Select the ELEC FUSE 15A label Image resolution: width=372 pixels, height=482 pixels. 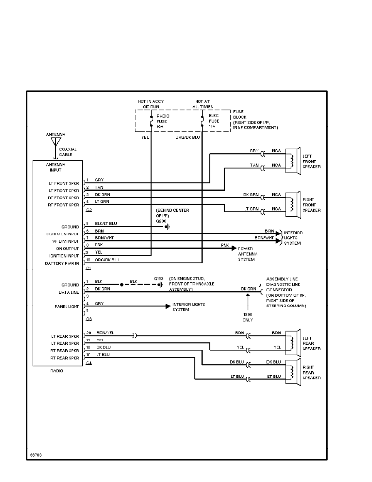point(214,121)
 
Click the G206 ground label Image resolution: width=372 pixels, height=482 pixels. point(161,221)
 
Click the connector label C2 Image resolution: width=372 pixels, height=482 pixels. point(89,210)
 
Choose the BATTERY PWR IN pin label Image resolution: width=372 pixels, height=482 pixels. point(65,263)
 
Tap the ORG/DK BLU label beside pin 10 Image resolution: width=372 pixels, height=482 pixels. point(107,260)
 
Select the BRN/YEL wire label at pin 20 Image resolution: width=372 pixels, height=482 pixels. point(105,333)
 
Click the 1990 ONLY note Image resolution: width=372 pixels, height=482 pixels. point(248,317)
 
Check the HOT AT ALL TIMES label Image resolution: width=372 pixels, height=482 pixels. point(203,104)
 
